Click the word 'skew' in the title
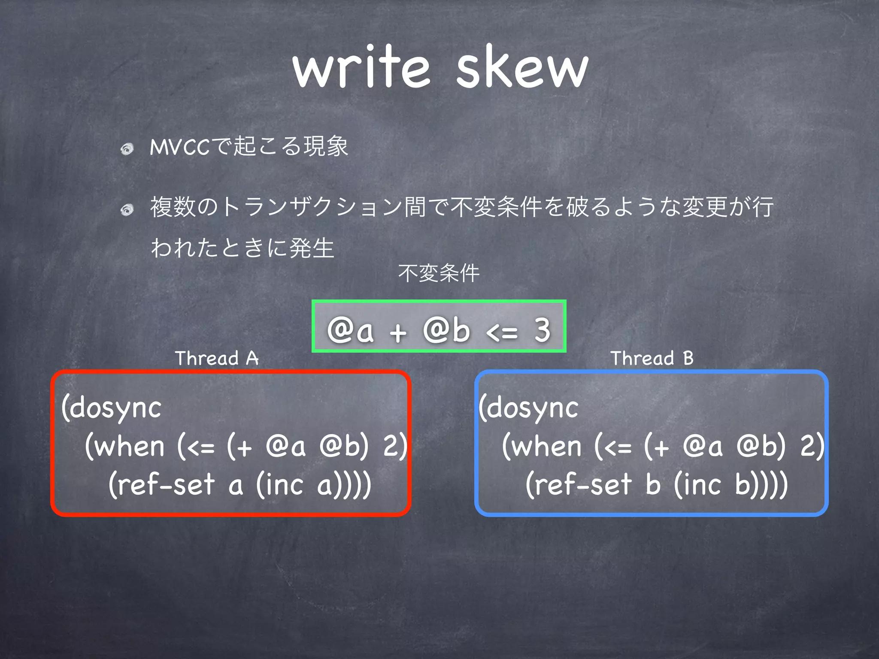(522, 68)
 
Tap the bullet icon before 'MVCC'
(127, 149)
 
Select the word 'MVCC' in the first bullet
(179, 147)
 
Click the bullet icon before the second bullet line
(127, 210)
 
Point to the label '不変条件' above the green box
(439, 273)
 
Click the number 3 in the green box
(542, 330)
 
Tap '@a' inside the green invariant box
(350, 331)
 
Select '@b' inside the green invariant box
(446, 331)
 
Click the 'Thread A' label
(217, 358)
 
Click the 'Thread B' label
(652, 358)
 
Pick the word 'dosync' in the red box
(115, 408)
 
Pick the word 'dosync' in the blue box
(532, 408)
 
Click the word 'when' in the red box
(129, 447)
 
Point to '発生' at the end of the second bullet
(312, 248)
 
